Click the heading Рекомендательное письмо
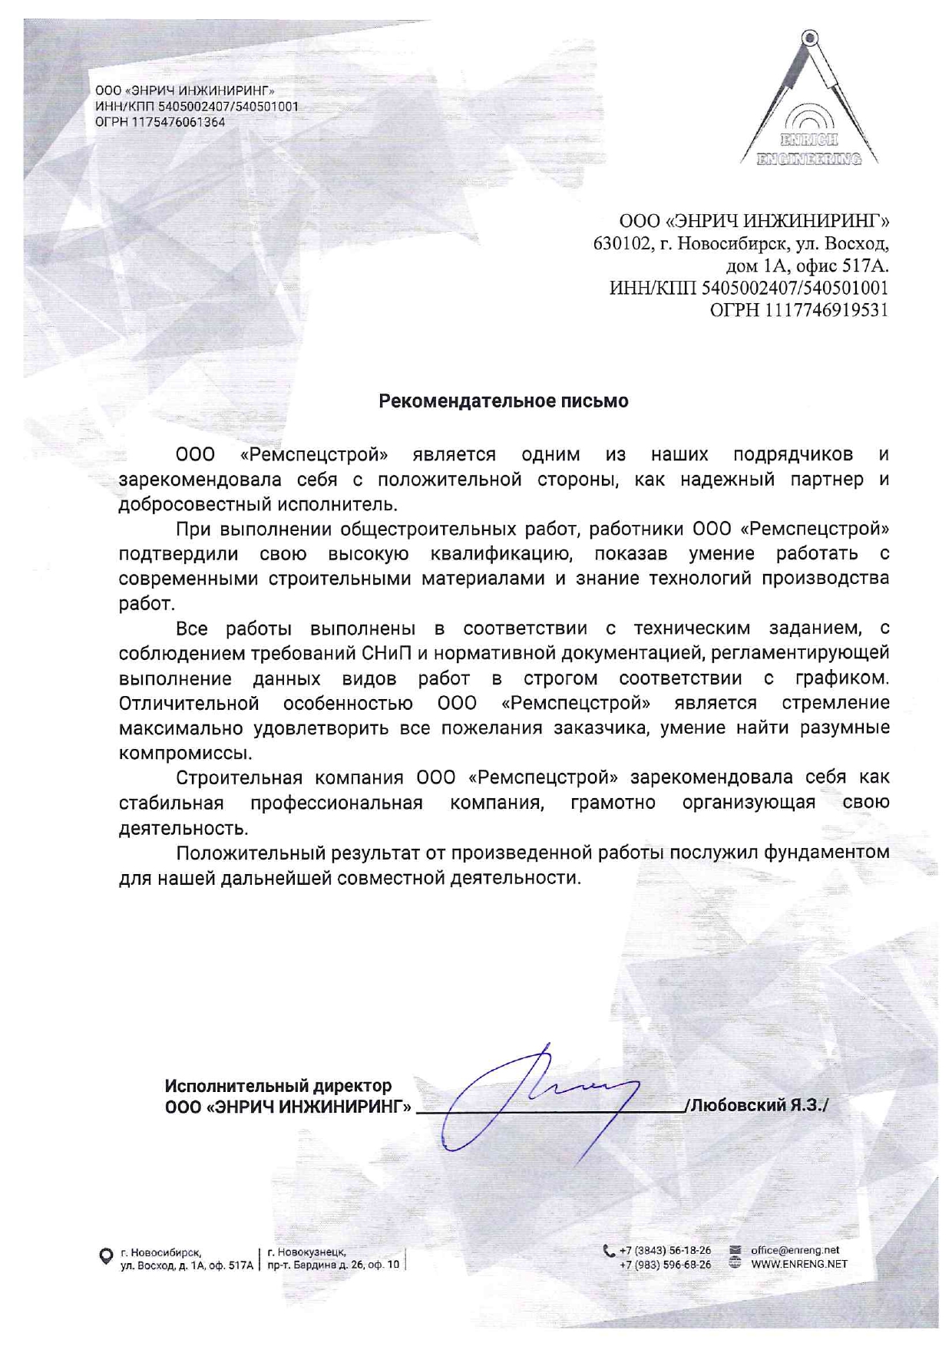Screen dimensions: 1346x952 [504, 401]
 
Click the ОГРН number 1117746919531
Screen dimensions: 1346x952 [824, 310]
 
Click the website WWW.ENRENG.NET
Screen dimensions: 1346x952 [798, 1264]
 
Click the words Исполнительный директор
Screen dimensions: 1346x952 [278, 1086]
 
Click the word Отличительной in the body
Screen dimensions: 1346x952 [188, 703]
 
